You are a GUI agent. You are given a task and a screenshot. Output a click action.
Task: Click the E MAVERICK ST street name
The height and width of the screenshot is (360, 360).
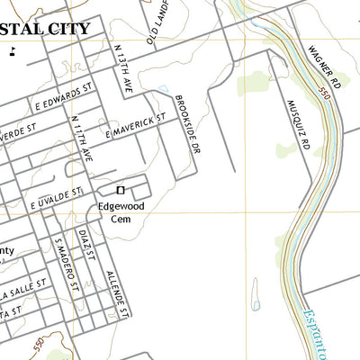tap(137, 125)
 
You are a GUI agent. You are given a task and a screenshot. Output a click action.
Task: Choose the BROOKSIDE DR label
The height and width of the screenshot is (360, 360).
tap(186, 123)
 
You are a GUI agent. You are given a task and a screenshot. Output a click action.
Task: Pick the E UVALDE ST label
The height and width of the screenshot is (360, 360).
tap(56, 198)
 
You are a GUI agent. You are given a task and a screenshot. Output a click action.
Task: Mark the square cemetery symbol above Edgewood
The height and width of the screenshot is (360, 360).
tap(121, 190)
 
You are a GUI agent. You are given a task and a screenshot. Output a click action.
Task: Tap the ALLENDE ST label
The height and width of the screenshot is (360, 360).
tap(118, 293)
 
